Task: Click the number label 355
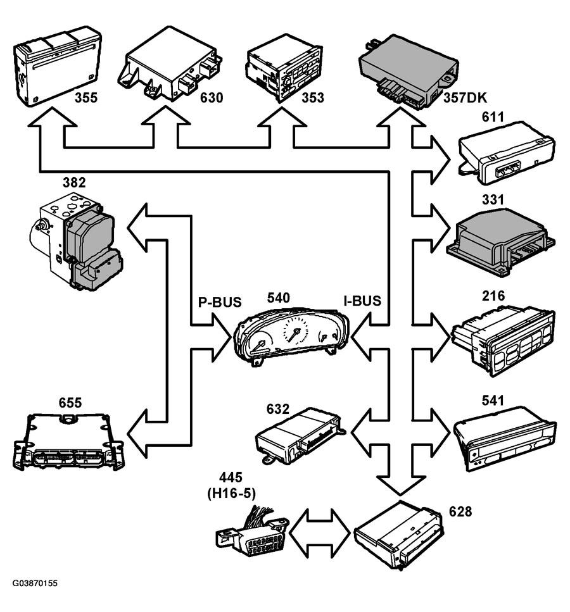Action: coord(86,97)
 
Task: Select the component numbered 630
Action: coord(170,65)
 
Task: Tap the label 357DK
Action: coord(465,97)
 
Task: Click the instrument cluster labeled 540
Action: coord(291,335)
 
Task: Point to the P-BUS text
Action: coord(220,302)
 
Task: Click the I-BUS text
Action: coord(362,301)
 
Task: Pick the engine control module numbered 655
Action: coord(69,441)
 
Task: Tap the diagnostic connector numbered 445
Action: coord(252,532)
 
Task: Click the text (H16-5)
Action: coord(231,494)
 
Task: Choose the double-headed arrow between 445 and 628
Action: coord(320,533)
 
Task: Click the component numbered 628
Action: coord(398,535)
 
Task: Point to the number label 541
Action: coord(493,401)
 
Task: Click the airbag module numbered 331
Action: coord(501,242)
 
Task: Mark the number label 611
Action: coord(493,116)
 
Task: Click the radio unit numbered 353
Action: coord(284,68)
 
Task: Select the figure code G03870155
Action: coord(35,584)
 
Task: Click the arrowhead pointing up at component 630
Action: coord(166,116)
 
